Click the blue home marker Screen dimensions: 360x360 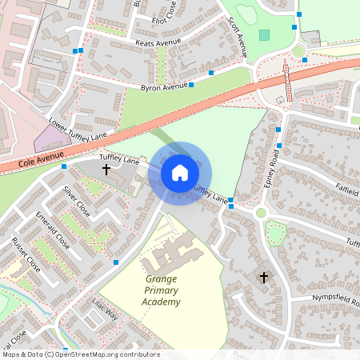pos(180,172)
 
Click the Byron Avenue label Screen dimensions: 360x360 pos(162,86)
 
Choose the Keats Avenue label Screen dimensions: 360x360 pos(158,43)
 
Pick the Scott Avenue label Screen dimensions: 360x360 pos(238,37)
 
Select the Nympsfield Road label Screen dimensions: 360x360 pos(322,295)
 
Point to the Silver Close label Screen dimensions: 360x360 pos(77,202)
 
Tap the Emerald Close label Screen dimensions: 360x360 pos(53,230)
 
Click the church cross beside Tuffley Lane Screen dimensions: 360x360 pos(106,170)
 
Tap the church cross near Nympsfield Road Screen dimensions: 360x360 pos(264,278)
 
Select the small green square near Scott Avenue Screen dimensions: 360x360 pos(265,35)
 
